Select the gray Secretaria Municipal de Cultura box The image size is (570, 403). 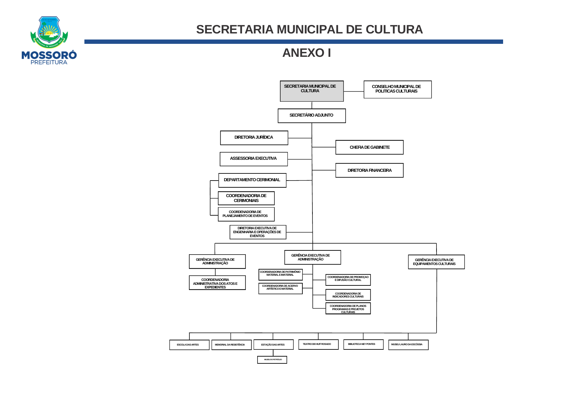[311, 91]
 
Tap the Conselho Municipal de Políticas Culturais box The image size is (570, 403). [397, 89]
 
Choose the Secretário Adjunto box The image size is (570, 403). [311, 116]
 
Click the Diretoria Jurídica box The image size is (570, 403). [254, 138]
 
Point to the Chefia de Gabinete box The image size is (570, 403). [369, 147]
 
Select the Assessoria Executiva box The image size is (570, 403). [254, 159]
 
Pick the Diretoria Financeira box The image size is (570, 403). [369, 170]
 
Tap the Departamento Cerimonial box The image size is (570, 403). [252, 180]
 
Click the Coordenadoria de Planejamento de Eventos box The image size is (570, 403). [246, 214]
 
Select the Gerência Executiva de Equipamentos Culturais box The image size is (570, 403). [436, 262]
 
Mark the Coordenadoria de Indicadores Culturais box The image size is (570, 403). [348, 295]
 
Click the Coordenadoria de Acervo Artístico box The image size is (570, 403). [280, 288]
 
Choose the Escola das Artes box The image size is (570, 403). [189, 345]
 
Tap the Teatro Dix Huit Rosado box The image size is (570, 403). [318, 344]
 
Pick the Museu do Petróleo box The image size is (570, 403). [272, 359]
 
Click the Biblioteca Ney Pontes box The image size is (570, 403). [363, 344]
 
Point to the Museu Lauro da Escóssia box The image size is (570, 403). [408, 345]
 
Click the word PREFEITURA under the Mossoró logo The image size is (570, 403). [49, 62]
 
